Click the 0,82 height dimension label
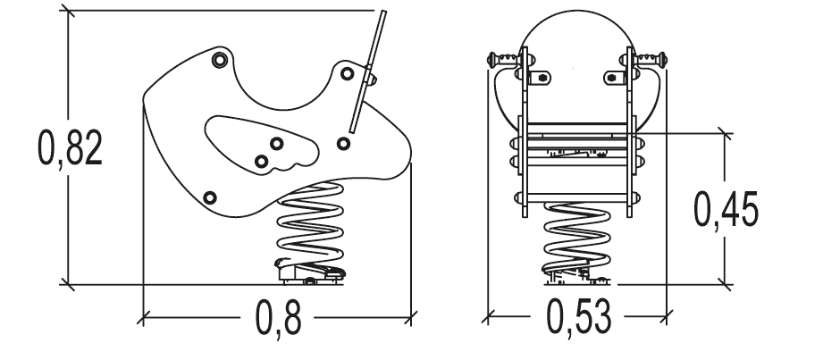70,148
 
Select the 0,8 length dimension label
278,318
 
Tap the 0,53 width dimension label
578,317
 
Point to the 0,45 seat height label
726,209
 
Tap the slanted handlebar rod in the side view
368,71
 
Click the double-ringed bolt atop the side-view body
220,60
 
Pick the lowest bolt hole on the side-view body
210,197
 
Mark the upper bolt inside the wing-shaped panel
277,143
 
